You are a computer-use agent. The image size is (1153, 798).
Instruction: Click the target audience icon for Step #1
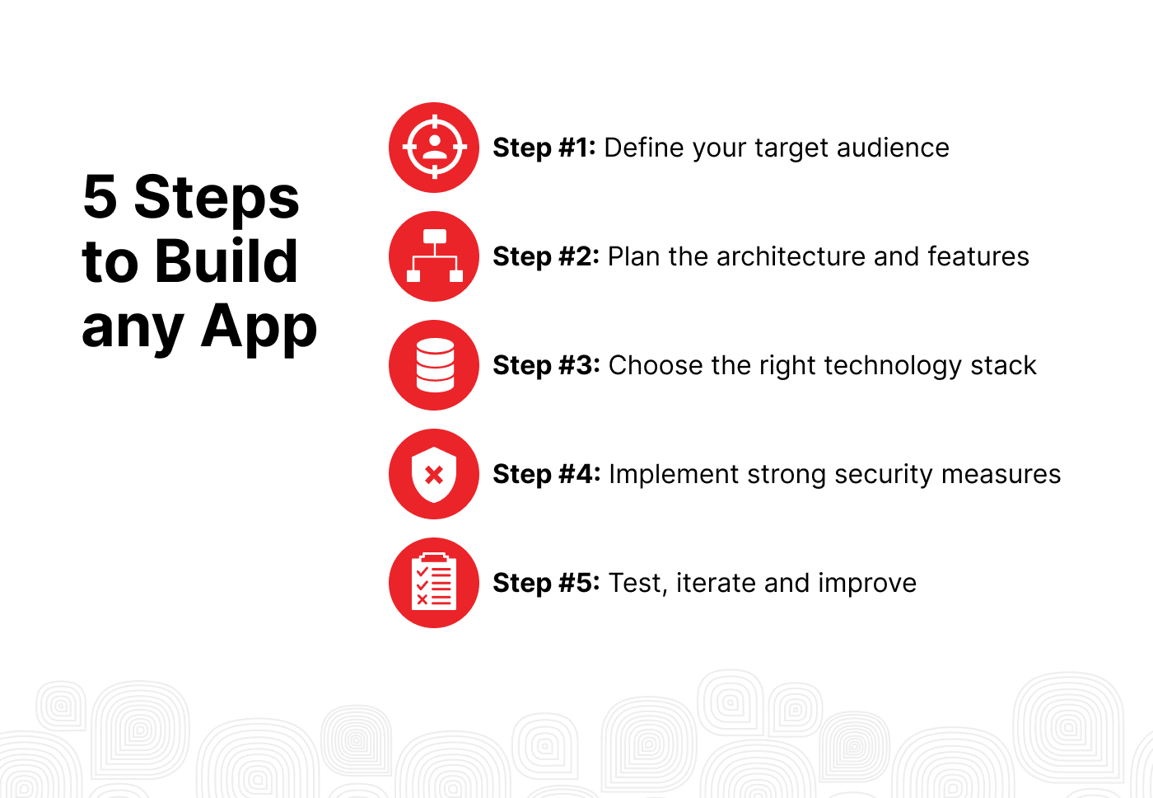(434, 148)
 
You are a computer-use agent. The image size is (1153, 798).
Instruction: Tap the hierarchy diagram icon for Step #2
(434, 256)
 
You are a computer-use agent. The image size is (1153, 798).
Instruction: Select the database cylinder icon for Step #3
(434, 365)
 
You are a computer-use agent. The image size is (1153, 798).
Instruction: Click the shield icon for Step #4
(434, 474)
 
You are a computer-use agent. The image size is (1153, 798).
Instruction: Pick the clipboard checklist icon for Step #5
(434, 583)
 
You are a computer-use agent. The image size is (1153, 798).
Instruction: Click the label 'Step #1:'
(544, 148)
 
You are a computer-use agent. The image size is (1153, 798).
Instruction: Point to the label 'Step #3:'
(546, 366)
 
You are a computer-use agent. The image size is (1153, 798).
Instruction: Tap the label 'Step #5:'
(546, 583)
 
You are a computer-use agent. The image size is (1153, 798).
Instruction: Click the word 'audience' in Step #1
(893, 148)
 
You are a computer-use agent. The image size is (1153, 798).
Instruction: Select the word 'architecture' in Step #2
(791, 256)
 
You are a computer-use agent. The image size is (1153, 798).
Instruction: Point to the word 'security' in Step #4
(883, 475)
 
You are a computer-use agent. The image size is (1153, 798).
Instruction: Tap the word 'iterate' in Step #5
(716, 583)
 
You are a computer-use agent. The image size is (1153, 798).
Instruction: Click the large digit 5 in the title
(100, 196)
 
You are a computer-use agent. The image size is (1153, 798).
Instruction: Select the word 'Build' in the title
(226, 261)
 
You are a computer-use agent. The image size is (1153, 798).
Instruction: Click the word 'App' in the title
(259, 327)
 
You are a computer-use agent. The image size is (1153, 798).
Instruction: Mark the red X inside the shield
(434, 475)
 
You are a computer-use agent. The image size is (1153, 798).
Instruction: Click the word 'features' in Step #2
(978, 256)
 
